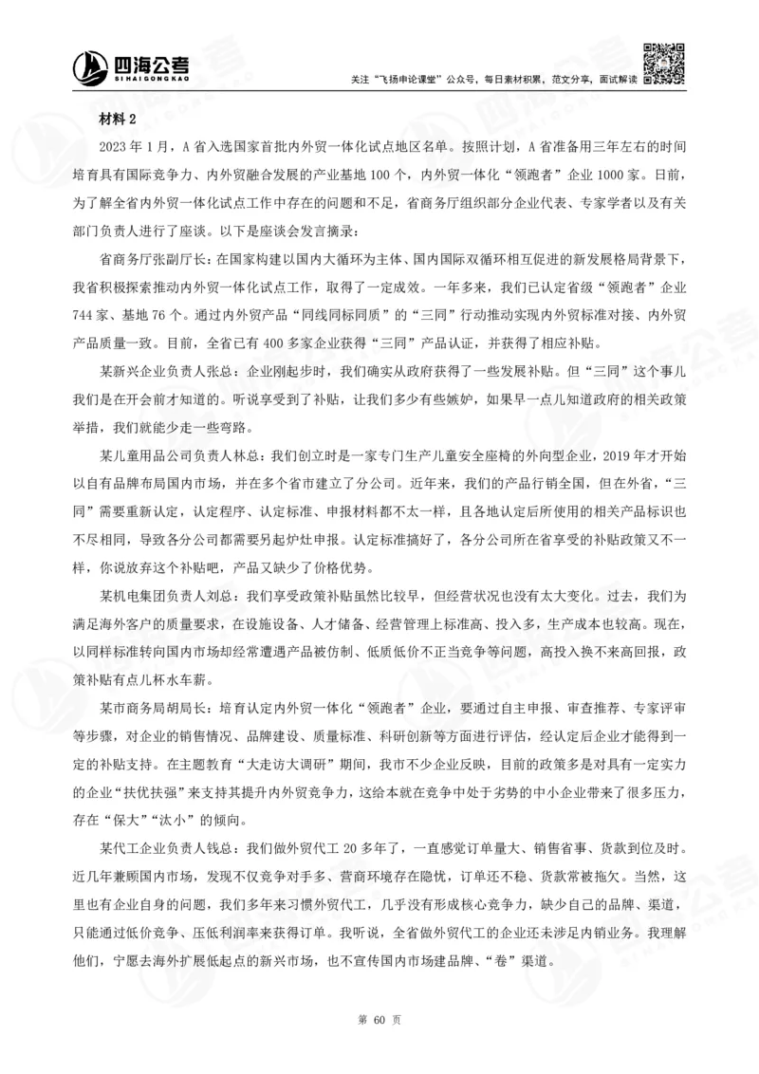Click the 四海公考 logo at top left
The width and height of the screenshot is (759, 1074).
(x=132, y=65)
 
